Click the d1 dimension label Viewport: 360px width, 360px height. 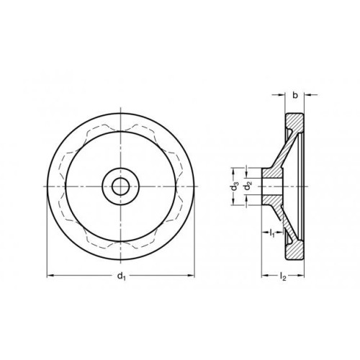[x=122, y=276]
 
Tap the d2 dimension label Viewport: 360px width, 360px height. [x=248, y=186]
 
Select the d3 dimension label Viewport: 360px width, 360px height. [x=235, y=186]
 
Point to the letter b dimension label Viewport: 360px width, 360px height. [x=295, y=95]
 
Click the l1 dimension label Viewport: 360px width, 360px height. [x=272, y=233]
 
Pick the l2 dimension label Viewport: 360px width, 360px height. [x=283, y=276]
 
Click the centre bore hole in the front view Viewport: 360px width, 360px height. [x=120, y=186]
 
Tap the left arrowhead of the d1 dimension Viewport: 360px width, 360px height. [x=50, y=276]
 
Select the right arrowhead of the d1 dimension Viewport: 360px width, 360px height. [x=192, y=276]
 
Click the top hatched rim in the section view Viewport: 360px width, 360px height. [x=295, y=122]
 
